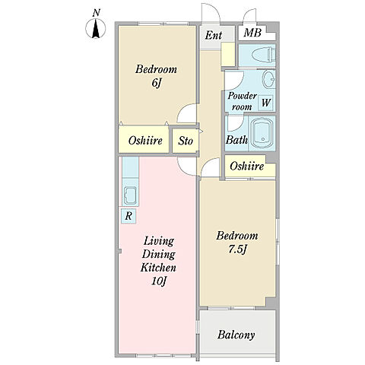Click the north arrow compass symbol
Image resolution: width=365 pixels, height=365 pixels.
[96, 29]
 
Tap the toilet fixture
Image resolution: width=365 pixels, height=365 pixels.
[263, 55]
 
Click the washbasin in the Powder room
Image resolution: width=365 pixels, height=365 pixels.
[268, 79]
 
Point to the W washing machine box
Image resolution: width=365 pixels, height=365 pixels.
[265, 103]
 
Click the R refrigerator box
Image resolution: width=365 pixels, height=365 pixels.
[129, 216]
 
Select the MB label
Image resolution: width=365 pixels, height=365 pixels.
[252, 33]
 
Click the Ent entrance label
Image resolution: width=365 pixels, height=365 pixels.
[214, 35]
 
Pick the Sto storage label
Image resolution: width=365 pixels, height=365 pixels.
[186, 141]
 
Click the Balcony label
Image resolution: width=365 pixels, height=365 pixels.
[236, 335]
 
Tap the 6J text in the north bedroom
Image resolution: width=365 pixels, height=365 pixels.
[156, 83]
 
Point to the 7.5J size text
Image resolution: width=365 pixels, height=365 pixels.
[237, 250]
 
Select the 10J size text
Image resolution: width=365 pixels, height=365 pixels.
[158, 281]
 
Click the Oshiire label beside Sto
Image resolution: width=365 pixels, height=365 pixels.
[145, 141]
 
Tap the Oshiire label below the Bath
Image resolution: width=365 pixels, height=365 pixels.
[247, 167]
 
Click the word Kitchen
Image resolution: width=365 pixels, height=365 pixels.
[158, 268]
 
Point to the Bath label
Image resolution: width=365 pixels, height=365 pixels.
[236, 140]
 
